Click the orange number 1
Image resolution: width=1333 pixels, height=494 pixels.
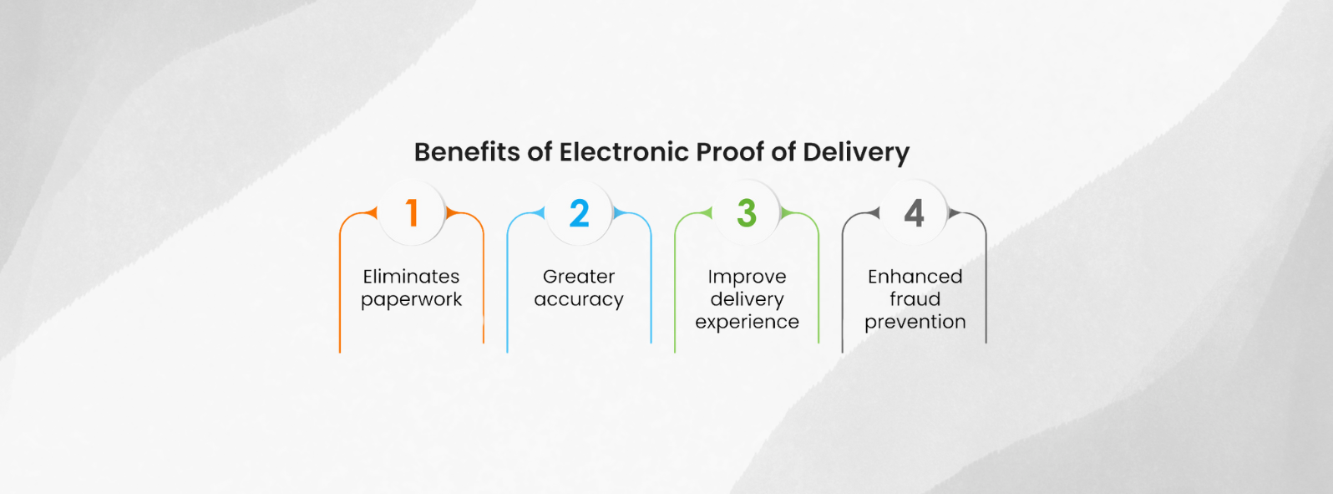411,213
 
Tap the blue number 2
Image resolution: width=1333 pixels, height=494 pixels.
579,213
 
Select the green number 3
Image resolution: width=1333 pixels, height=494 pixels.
747,213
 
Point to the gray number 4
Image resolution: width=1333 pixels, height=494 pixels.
915,213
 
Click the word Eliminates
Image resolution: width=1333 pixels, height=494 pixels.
411,277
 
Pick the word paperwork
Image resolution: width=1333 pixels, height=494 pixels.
411,300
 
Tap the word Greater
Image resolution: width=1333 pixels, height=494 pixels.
579,277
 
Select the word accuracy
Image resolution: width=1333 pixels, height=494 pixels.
579,300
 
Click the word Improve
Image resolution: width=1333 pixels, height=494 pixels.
747,277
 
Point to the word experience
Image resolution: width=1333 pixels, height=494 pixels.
747,323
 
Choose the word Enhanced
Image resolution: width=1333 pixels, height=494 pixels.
915,277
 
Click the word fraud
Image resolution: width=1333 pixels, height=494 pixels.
915,299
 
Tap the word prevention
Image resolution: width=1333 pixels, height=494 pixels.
915,323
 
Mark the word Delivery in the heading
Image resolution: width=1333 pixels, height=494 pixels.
855,153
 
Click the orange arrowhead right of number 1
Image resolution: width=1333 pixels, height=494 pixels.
451,213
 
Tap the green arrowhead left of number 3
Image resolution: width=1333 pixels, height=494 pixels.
707,213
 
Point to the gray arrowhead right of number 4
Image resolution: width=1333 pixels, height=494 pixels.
954,213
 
